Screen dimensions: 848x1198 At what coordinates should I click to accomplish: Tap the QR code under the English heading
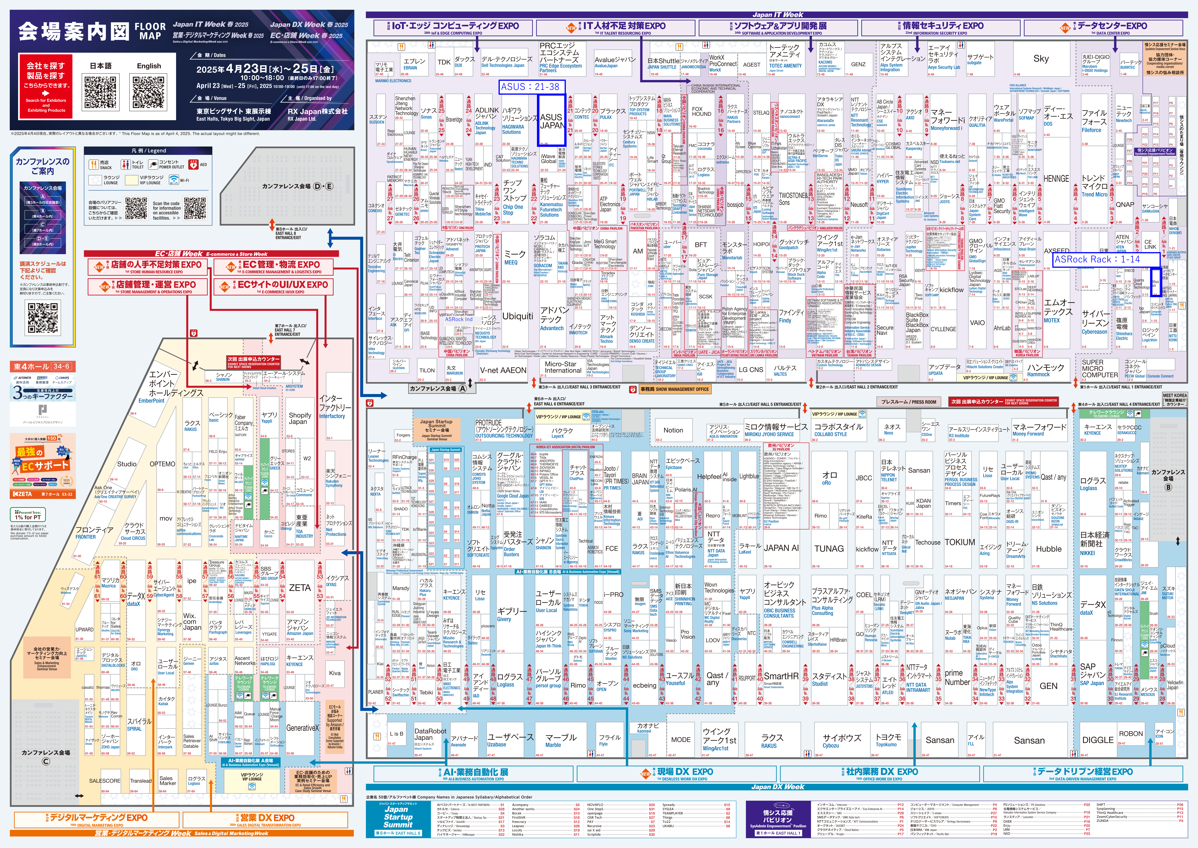coord(149,92)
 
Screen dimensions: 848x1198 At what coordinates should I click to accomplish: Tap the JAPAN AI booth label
coord(781,548)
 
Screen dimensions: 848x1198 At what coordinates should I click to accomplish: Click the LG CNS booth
coord(751,370)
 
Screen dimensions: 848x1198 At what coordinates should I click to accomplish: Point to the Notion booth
coord(673,430)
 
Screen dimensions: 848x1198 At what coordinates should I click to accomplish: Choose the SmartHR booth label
coord(781,676)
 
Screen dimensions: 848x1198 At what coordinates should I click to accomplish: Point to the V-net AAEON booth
coord(503,370)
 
